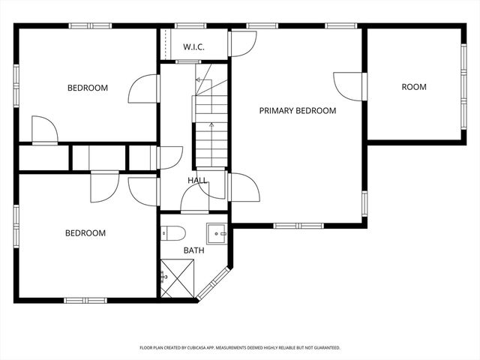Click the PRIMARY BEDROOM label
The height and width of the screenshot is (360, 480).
[298, 110]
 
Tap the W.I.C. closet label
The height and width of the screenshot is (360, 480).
[193, 47]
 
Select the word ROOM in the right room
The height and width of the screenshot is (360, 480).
[413, 87]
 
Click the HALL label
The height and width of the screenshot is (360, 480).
[197, 181]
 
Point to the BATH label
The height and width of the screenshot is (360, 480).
[193, 250]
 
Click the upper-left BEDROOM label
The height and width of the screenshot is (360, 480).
[88, 88]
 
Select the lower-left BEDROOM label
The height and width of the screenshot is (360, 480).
[85, 233]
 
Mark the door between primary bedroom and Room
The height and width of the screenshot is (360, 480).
[350, 85]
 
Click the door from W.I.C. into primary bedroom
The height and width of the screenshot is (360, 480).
[242, 43]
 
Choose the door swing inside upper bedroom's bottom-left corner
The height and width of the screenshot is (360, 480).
[44, 130]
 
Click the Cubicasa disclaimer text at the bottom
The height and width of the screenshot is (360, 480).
[240, 348]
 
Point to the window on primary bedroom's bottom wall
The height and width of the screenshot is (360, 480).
[298, 225]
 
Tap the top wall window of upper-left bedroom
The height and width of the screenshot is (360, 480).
[90, 26]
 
